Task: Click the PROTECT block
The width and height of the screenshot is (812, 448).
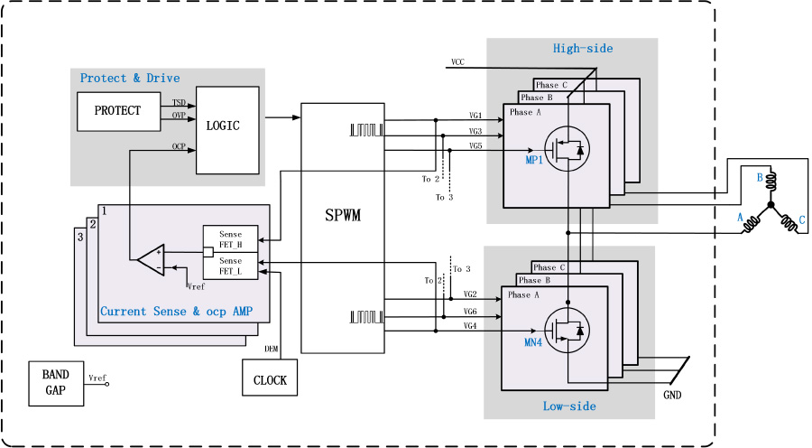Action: coord(117,111)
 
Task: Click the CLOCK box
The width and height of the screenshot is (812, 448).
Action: coord(269,379)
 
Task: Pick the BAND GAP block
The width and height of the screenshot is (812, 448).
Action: coord(55,383)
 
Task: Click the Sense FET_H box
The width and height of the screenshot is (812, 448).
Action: coord(230,239)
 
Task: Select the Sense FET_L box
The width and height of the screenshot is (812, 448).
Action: coord(230,266)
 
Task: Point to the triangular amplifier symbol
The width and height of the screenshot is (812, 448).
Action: coord(150,259)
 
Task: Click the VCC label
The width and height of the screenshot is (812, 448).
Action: coord(457,62)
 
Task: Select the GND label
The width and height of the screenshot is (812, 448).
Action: coord(673,396)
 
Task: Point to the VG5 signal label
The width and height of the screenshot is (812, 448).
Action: coord(475,145)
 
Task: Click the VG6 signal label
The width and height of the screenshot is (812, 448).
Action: coord(470,311)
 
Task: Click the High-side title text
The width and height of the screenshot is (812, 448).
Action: coord(583,48)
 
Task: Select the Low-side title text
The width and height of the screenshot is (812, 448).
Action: coord(569,406)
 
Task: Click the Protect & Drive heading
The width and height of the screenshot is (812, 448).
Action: coord(130,78)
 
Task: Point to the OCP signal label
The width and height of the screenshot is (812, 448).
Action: coord(179,145)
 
